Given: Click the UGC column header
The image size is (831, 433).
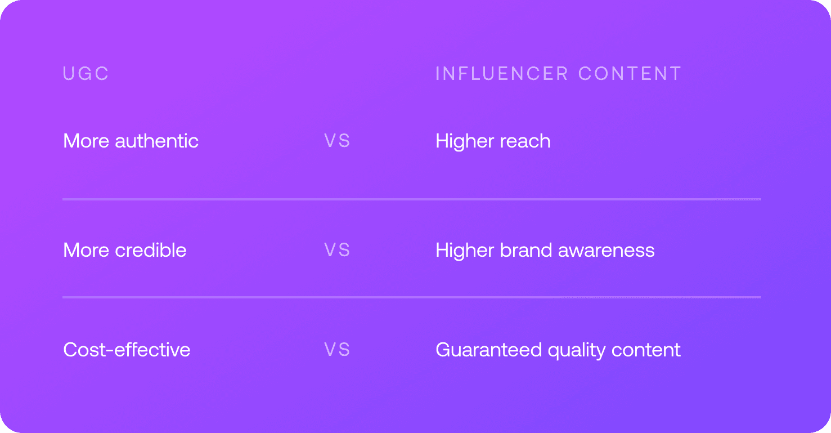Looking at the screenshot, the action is (x=86, y=73).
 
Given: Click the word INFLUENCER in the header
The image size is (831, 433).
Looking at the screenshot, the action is (x=501, y=73).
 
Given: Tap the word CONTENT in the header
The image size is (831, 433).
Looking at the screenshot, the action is (x=630, y=73).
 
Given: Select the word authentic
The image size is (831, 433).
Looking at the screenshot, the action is (x=156, y=141).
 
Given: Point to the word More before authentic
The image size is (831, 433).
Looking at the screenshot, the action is (x=86, y=141).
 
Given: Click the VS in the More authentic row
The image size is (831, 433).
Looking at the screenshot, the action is (x=337, y=141).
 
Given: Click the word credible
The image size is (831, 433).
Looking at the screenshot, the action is (x=151, y=250).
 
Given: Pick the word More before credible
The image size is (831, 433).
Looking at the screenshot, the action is (x=86, y=250).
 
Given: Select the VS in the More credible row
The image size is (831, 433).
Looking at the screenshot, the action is (x=337, y=250).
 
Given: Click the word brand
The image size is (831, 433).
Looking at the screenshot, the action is (x=526, y=250).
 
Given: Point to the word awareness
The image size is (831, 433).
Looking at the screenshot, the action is (x=606, y=251).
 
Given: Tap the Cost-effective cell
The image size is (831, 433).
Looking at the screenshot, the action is (x=127, y=350).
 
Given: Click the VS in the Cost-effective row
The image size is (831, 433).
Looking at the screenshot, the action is (x=337, y=350).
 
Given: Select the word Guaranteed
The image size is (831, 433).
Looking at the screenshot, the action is (x=488, y=350).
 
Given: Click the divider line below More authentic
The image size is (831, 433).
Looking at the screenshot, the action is (x=412, y=199).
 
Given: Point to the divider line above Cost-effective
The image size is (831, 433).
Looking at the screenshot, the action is (x=412, y=297).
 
